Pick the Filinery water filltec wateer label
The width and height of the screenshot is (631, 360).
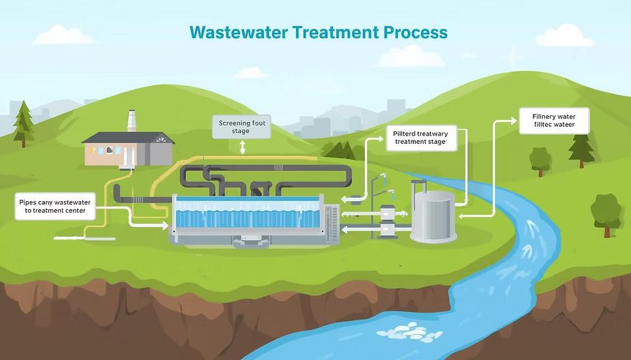(554, 121)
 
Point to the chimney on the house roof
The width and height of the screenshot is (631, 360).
(132, 121)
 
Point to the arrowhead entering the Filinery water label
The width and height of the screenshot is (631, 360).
(515, 121)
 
